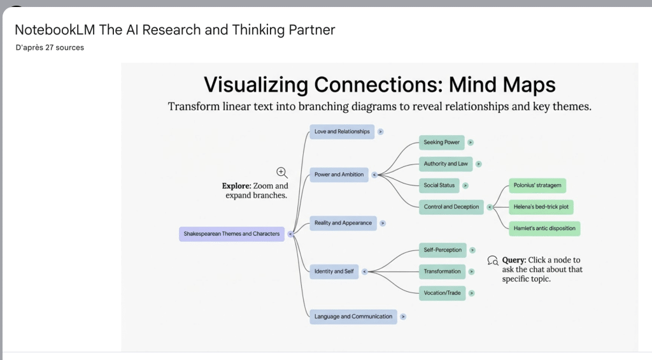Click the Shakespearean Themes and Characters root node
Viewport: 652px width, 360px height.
tap(232, 234)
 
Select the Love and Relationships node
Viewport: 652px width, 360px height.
tap(342, 132)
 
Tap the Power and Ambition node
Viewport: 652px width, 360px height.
tap(339, 175)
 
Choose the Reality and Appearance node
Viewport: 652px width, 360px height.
tap(343, 223)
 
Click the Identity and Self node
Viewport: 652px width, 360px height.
tap(334, 271)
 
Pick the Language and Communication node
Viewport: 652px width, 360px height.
tap(353, 317)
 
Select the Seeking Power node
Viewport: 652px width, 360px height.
tap(441, 143)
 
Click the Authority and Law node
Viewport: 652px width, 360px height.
tap(446, 164)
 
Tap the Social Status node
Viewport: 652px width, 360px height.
tap(439, 185)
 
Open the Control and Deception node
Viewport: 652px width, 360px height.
tap(451, 207)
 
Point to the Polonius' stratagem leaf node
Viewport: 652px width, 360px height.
tap(537, 185)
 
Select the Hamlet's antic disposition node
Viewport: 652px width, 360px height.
tap(544, 228)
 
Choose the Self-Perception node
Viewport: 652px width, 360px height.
tap(443, 250)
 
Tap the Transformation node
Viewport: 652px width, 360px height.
tap(442, 271)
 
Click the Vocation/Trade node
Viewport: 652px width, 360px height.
tap(441, 293)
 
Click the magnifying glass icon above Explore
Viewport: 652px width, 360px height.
tap(282, 172)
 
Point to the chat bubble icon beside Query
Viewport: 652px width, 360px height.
tap(492, 260)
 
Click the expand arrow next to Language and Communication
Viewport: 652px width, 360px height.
tap(404, 317)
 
